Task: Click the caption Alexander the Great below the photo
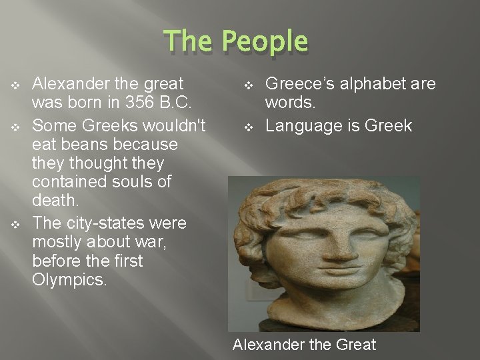(x=304, y=345)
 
